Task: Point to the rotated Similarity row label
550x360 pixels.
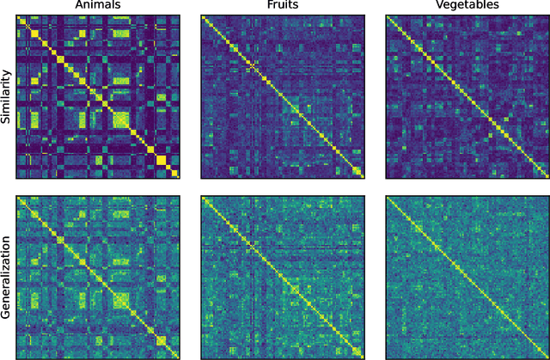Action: click(7, 97)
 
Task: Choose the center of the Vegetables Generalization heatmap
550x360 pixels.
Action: click(466, 278)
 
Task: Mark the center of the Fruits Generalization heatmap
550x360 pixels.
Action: click(282, 278)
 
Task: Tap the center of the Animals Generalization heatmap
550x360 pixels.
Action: click(98, 278)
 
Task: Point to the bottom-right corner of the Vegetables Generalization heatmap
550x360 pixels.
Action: click(547, 358)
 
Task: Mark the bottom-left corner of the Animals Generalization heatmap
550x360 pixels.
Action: click(17, 358)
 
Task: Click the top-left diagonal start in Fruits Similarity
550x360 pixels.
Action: click(203, 18)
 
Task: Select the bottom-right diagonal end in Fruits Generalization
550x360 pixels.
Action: click(362, 357)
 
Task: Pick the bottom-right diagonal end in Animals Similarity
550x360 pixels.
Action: click(178, 177)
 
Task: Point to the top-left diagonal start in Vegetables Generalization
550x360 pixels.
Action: click(387, 198)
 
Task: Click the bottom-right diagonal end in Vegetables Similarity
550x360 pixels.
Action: click(546, 177)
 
